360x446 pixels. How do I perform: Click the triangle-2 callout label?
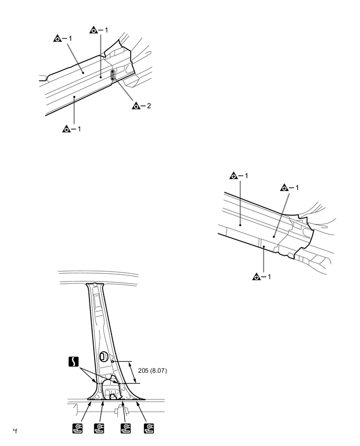pyautogui.click(x=142, y=106)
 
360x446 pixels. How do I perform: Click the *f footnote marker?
pyautogui.click(x=15, y=431)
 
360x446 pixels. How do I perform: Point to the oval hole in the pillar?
pyautogui.click(x=104, y=358)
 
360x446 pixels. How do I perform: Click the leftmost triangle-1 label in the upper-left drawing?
pyautogui.click(x=63, y=39)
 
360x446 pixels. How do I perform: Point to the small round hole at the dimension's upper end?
pyautogui.click(x=112, y=361)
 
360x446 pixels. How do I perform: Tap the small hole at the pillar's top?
pyautogui.click(x=94, y=286)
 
